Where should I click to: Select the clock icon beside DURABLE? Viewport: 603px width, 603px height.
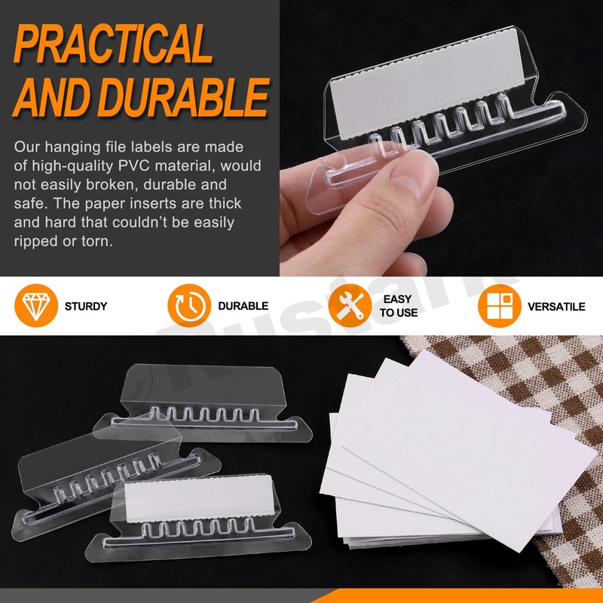point(188,306)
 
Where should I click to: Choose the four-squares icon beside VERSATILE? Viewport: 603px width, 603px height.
point(500,306)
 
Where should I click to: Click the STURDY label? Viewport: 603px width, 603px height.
point(86,307)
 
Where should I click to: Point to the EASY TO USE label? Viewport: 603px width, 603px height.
point(398,306)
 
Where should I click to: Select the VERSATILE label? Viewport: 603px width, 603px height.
point(556,307)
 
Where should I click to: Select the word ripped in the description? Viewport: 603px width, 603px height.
point(35,241)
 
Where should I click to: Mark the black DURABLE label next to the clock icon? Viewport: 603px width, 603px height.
point(243,307)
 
